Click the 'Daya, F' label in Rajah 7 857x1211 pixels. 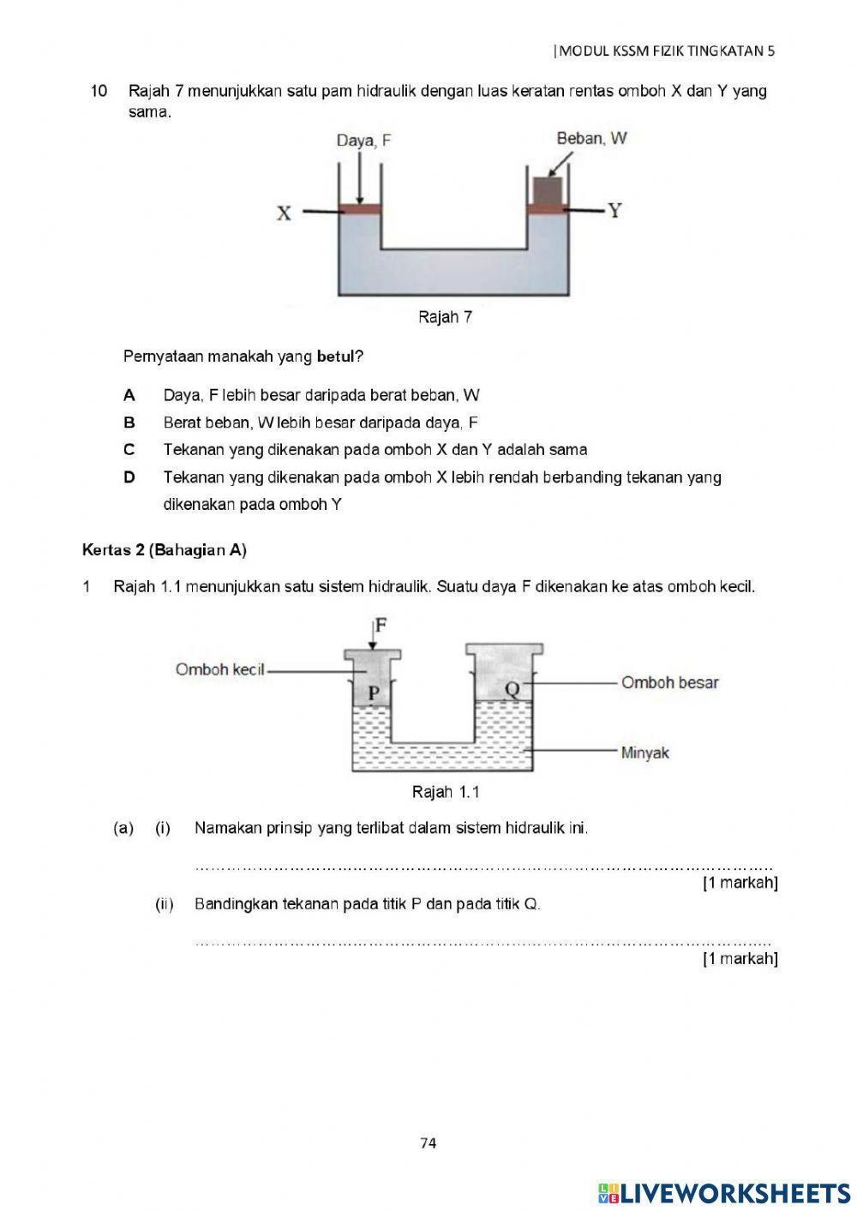[x=363, y=141]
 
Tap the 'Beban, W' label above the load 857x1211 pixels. [x=591, y=138]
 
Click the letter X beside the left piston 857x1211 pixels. [x=284, y=213]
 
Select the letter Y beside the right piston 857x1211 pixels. [x=614, y=211]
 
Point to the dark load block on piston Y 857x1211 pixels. [x=548, y=189]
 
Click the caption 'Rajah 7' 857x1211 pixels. [x=445, y=317]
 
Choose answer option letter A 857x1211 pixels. [x=129, y=395]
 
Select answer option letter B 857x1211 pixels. [x=129, y=423]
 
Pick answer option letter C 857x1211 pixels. [x=129, y=450]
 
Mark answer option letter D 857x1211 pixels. [x=129, y=477]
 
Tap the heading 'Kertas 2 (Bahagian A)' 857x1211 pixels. [x=165, y=550]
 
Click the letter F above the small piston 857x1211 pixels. [x=381, y=625]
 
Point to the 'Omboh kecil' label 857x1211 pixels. [x=220, y=669]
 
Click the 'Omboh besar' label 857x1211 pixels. [x=669, y=683]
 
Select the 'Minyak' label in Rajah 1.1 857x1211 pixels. [x=644, y=753]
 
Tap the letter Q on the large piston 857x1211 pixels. [x=512, y=688]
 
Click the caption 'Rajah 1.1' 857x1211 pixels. [x=445, y=792]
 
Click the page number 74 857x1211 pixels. [x=428, y=1142]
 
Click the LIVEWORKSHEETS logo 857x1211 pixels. [x=724, y=1193]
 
